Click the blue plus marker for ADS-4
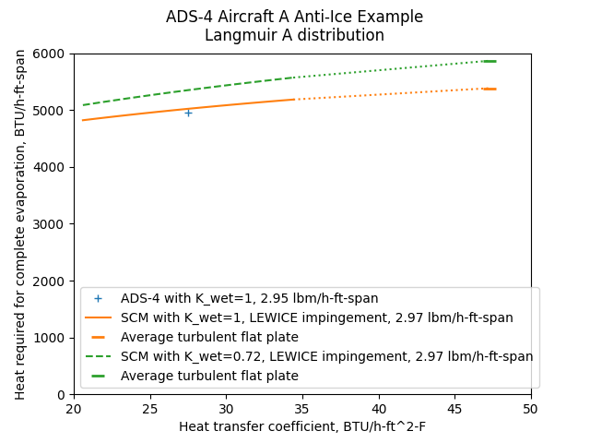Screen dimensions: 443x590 188,113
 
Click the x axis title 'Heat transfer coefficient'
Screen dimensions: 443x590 302,426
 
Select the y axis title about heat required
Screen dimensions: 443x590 20,224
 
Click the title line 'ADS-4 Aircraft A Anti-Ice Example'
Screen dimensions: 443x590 295,18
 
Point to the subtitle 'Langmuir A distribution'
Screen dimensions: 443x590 295,36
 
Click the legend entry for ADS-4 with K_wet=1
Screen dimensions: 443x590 249,299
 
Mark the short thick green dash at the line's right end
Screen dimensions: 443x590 489,61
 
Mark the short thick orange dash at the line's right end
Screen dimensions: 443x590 489,89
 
